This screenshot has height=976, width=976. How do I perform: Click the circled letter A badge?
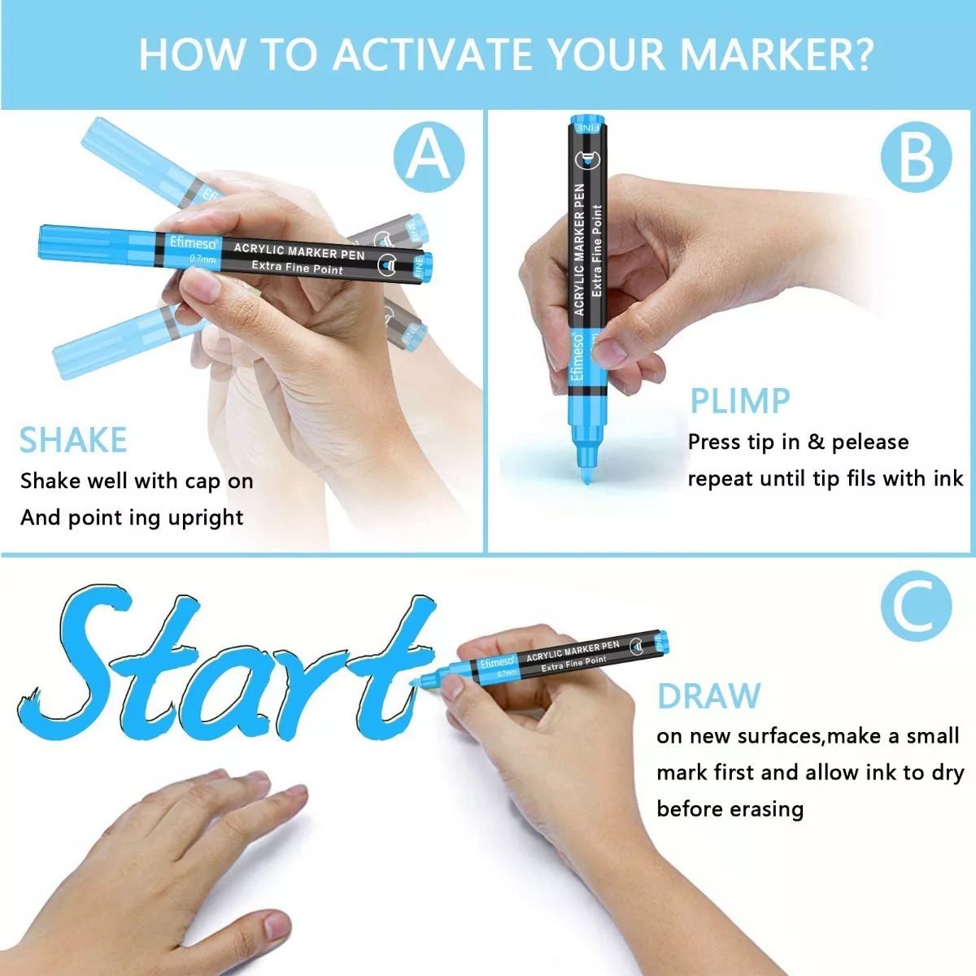(x=429, y=156)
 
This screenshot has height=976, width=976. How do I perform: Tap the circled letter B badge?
(x=917, y=156)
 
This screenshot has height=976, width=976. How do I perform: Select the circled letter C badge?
(x=917, y=606)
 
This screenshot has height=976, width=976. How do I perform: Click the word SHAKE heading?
(x=73, y=440)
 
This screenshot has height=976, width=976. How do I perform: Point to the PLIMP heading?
(x=740, y=401)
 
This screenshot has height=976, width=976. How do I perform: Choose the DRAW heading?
(x=709, y=696)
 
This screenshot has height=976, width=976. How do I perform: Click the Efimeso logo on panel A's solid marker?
(x=193, y=243)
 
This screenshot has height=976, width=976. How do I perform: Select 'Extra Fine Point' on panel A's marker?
(x=298, y=267)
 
